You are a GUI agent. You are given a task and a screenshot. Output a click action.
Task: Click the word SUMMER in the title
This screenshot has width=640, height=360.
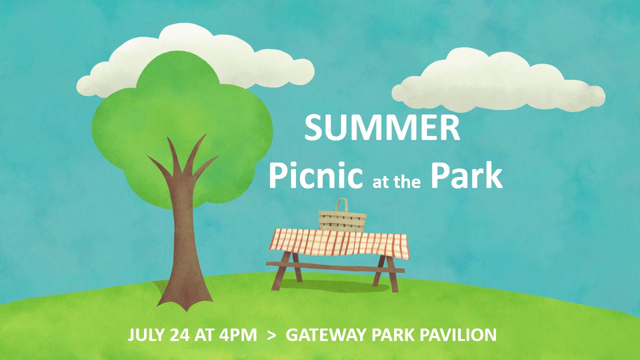(x=382, y=127)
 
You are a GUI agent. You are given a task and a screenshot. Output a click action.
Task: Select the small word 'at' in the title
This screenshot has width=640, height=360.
(x=381, y=182)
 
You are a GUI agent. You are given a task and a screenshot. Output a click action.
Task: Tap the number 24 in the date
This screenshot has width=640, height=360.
(x=179, y=335)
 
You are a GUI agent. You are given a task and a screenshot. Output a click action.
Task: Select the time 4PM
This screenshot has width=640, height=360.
(x=238, y=335)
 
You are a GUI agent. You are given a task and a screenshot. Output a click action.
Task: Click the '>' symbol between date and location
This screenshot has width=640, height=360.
(x=271, y=335)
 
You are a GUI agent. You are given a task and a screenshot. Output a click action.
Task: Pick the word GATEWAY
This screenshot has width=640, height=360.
(x=326, y=335)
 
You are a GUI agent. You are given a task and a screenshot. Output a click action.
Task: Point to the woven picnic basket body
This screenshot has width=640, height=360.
(x=342, y=221)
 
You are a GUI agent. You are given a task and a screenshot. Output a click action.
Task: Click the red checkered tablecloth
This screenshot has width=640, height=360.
(x=339, y=243)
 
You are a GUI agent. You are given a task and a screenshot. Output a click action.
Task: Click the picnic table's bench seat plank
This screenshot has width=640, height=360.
(x=335, y=267)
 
